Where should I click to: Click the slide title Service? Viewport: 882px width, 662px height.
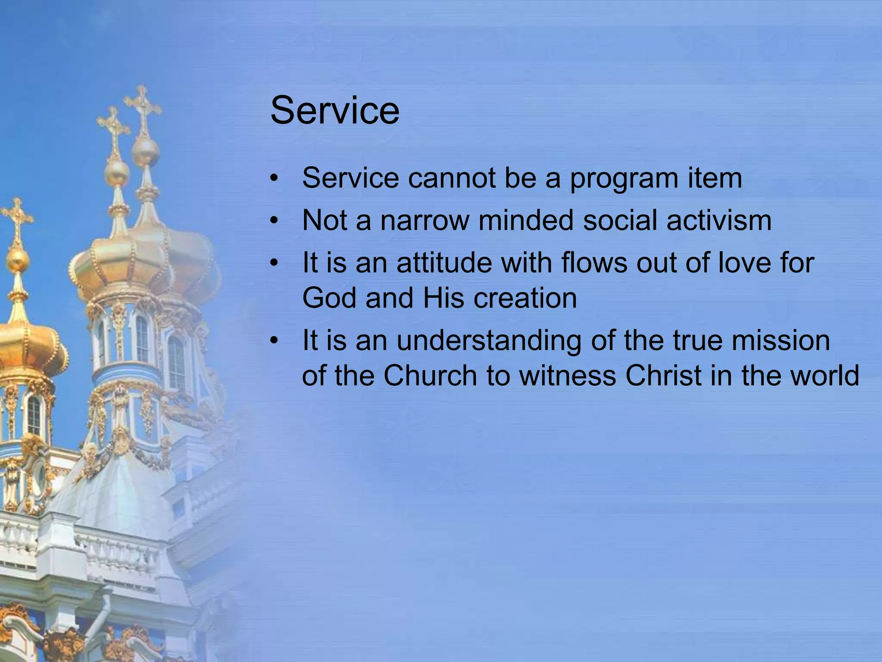point(335,111)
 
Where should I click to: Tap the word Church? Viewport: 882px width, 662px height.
point(430,375)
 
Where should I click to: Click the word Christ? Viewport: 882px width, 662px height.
point(664,375)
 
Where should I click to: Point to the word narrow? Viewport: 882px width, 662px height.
point(425,220)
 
